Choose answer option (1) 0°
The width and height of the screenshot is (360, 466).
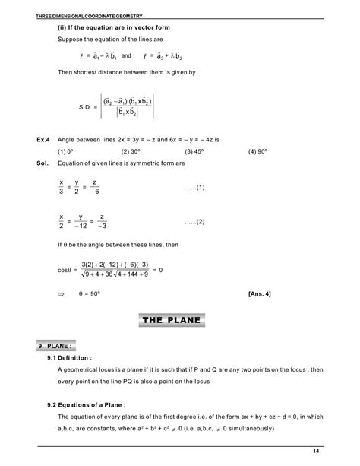68,152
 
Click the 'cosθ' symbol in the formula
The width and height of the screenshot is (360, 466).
64,269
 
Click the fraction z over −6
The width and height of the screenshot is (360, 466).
95,187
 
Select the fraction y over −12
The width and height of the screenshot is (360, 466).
78,222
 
